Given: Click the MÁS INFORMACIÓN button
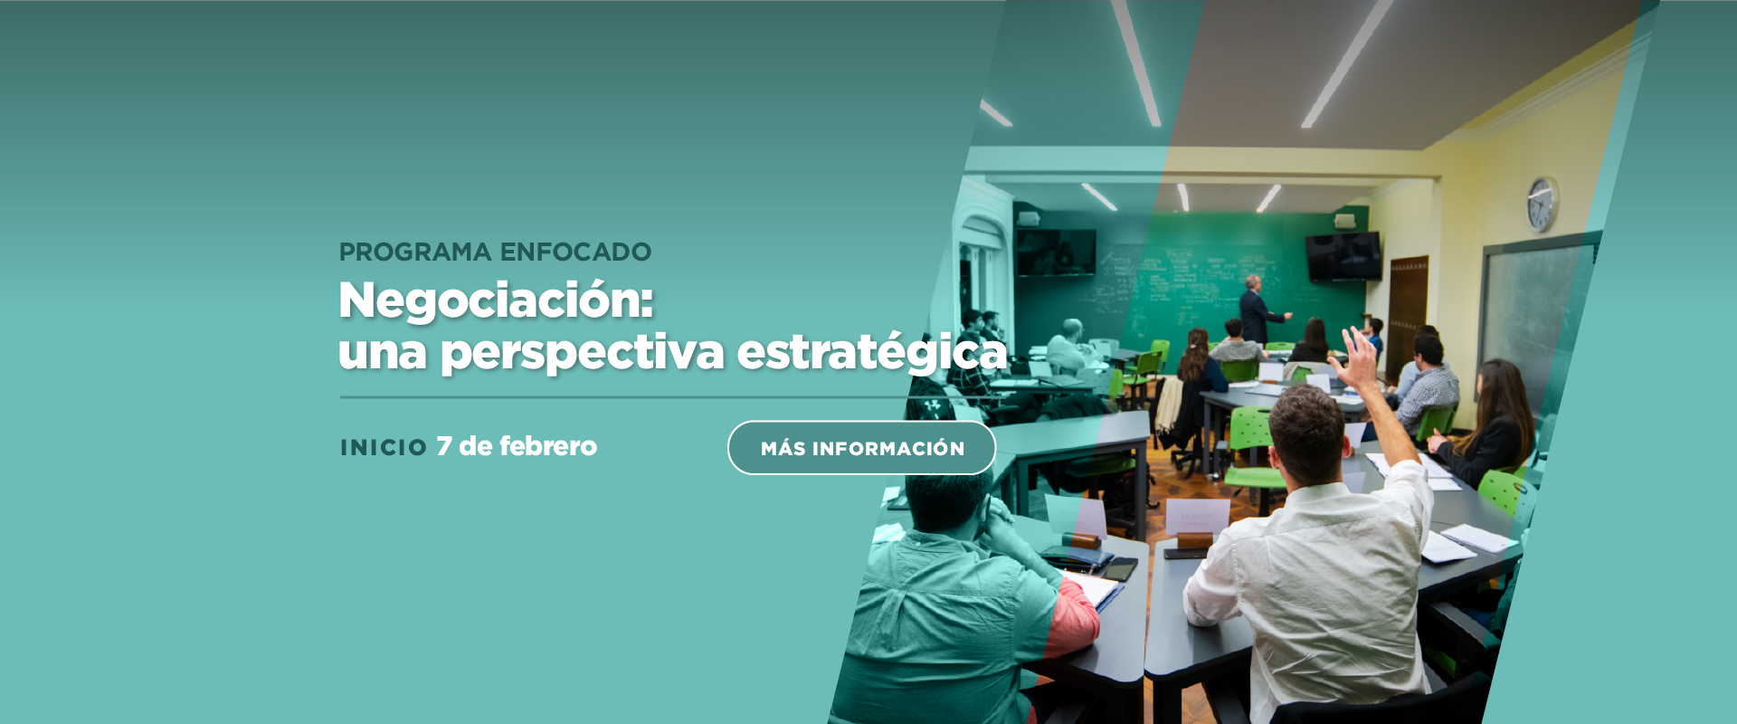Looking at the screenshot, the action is click(x=861, y=447).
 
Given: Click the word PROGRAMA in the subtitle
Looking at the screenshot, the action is click(x=415, y=252).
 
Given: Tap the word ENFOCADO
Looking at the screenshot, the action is click(x=575, y=252).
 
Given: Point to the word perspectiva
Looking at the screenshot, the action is click(x=583, y=354).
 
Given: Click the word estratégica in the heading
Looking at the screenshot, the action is click(x=872, y=352).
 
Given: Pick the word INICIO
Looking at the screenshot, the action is click(x=384, y=448).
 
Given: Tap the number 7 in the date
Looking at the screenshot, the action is click(x=444, y=446).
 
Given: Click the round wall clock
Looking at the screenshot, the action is click(x=1542, y=205).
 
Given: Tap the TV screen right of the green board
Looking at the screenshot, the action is click(x=1343, y=256).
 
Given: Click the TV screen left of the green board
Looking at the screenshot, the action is click(x=1055, y=252).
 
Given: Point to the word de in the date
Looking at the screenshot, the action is click(x=475, y=446).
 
